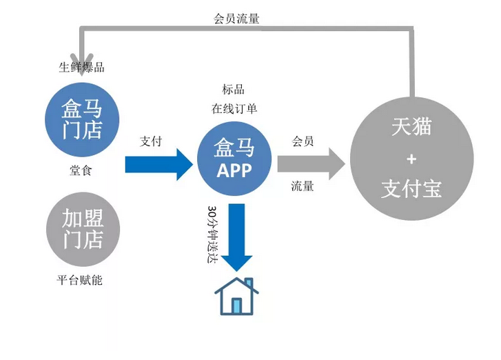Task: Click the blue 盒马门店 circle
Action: (x=82, y=119)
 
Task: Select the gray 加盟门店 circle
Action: (x=82, y=230)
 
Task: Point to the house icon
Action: (x=236, y=296)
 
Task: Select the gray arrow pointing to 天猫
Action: (x=310, y=163)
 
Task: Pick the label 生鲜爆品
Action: (x=81, y=68)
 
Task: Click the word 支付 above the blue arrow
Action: (x=150, y=141)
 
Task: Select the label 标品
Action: (x=233, y=90)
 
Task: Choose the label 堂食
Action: (x=81, y=170)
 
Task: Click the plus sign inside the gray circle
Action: (x=411, y=159)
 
